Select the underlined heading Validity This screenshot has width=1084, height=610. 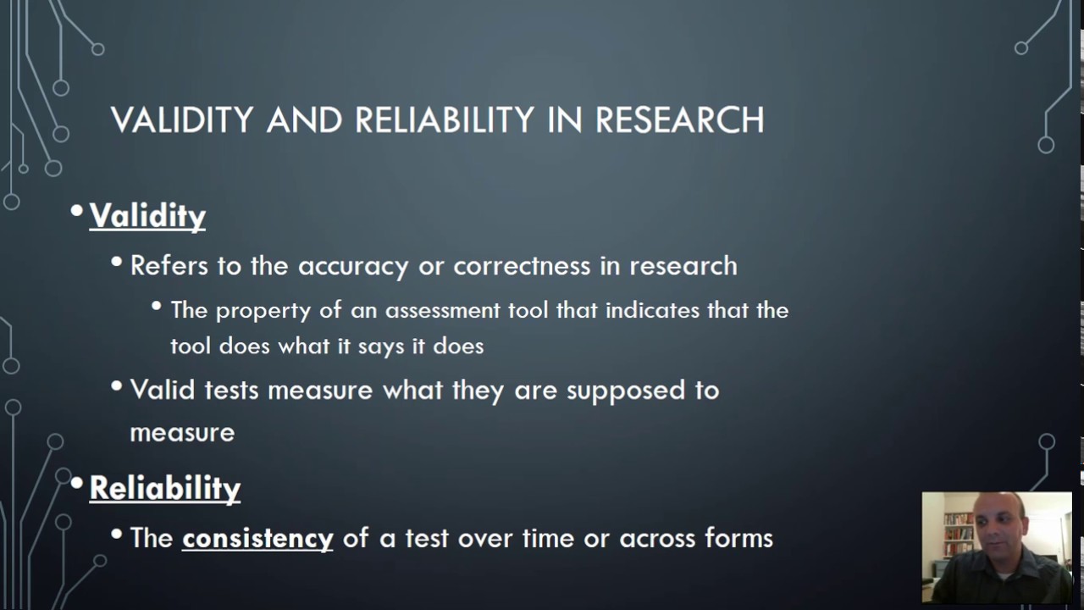coord(147,216)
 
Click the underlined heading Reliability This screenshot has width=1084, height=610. coord(165,489)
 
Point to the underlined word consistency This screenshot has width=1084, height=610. coord(257,539)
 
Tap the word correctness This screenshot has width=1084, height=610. coord(522,266)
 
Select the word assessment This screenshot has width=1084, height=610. coord(443,310)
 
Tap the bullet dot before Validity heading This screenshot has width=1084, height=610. coord(77,210)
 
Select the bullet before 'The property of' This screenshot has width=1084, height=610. coord(157,305)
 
